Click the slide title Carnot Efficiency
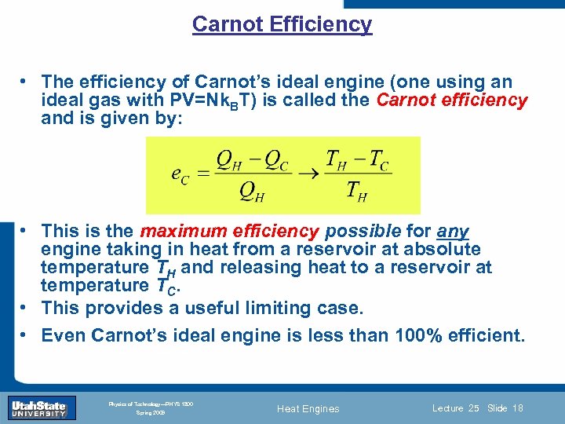click(282, 24)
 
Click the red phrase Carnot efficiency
click(452, 101)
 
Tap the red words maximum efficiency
click(229, 232)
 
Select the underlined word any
click(453, 232)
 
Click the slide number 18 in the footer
click(516, 408)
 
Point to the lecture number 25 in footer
click(472, 408)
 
